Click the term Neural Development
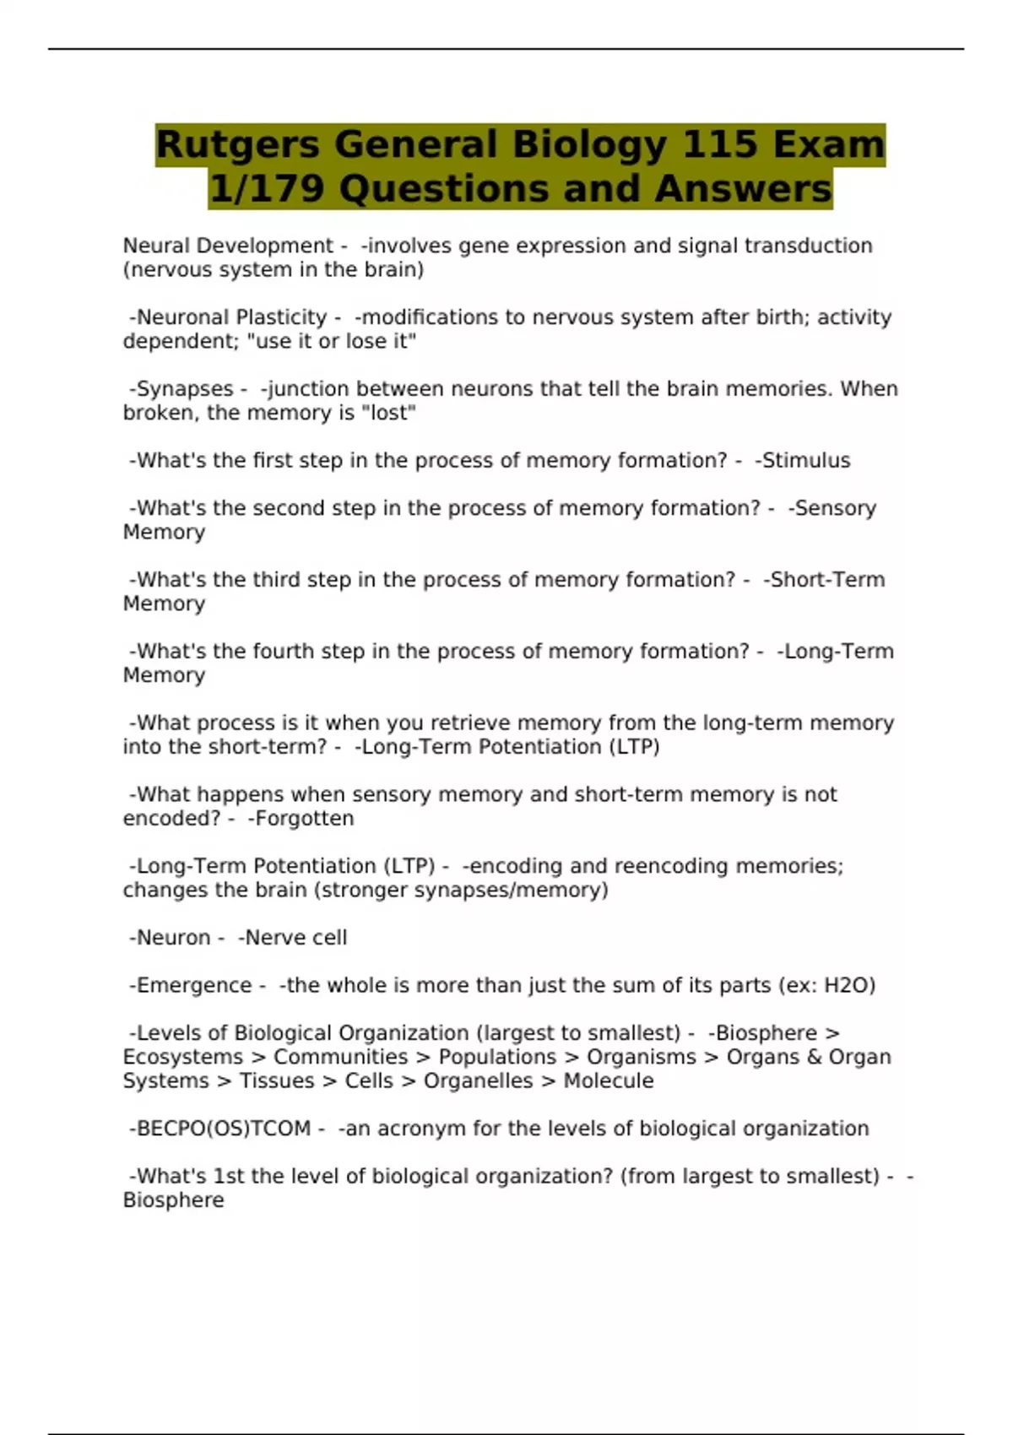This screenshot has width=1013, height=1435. pos(228,246)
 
